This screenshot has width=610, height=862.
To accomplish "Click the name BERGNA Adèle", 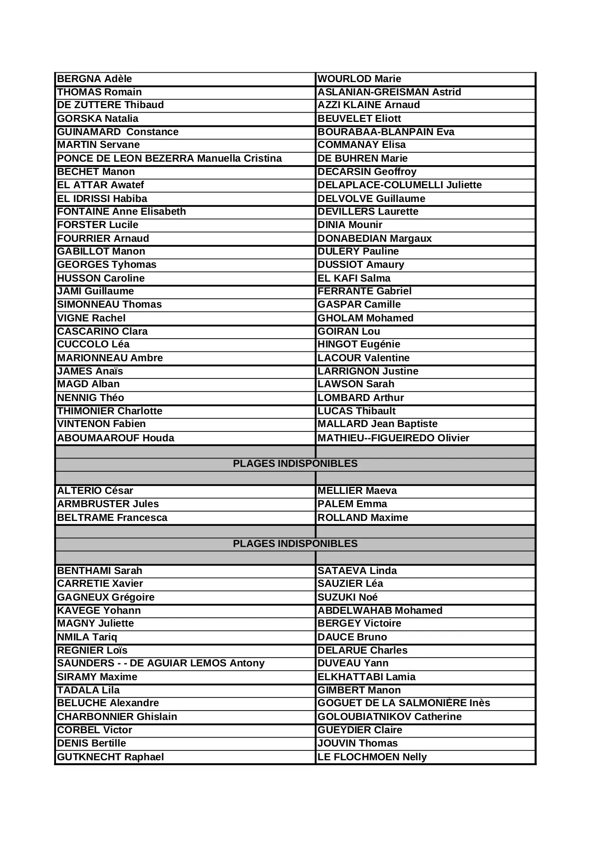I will tap(94, 79).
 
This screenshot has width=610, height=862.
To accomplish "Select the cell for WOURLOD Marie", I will tap(359, 79).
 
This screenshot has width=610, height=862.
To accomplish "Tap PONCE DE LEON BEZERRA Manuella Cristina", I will tap(169, 159).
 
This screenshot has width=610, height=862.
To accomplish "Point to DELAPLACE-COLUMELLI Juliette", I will tap(399, 185).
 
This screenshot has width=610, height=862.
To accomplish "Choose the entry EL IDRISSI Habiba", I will tap(102, 199).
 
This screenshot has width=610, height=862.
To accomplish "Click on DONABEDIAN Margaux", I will tap(374, 238).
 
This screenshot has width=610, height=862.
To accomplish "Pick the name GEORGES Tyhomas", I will tap(107, 265).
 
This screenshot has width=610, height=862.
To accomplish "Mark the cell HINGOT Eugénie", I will tap(358, 345).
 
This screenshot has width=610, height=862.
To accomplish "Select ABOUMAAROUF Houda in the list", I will tap(116, 438).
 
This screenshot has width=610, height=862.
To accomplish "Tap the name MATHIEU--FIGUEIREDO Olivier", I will tap(393, 438).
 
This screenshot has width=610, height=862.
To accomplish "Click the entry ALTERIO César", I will tap(95, 490).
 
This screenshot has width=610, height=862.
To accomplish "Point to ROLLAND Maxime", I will tap(362, 517).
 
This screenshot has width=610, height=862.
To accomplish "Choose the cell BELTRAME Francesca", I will tap(112, 517).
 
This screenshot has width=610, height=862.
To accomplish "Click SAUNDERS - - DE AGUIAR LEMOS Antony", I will tap(161, 663).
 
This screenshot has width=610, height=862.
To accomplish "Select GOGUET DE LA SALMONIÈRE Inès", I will tap(404, 703).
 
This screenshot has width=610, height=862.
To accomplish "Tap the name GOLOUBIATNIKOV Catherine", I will tap(389, 717).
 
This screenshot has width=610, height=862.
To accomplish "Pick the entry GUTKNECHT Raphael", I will tap(111, 757).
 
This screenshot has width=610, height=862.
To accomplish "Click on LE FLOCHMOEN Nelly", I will tap(372, 757).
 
